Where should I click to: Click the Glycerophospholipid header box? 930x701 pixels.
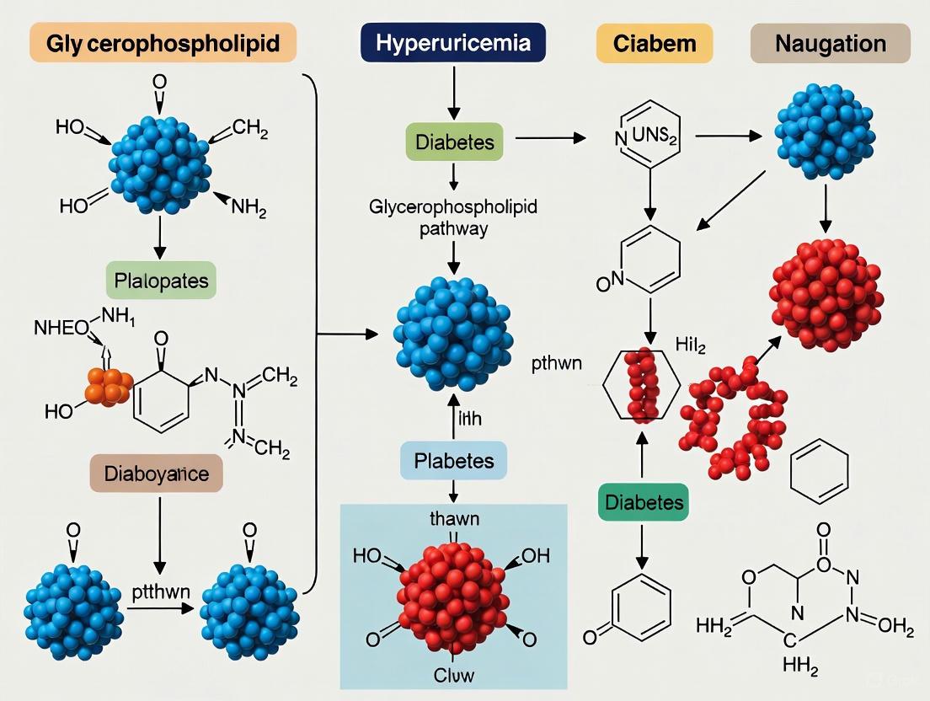click(x=163, y=43)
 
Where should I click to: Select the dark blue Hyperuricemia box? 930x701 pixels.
click(x=453, y=43)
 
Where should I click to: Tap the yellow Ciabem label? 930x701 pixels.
click(x=654, y=44)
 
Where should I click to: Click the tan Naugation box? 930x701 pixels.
click(x=830, y=44)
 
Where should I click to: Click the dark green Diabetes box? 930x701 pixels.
click(x=643, y=503)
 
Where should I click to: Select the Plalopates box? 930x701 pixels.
click(x=161, y=281)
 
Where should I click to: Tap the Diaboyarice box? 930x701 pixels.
click(x=156, y=474)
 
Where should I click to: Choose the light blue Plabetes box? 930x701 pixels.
click(x=453, y=460)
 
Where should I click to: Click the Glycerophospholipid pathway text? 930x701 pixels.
click(x=453, y=217)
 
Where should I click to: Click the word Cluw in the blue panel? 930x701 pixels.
click(x=454, y=675)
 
